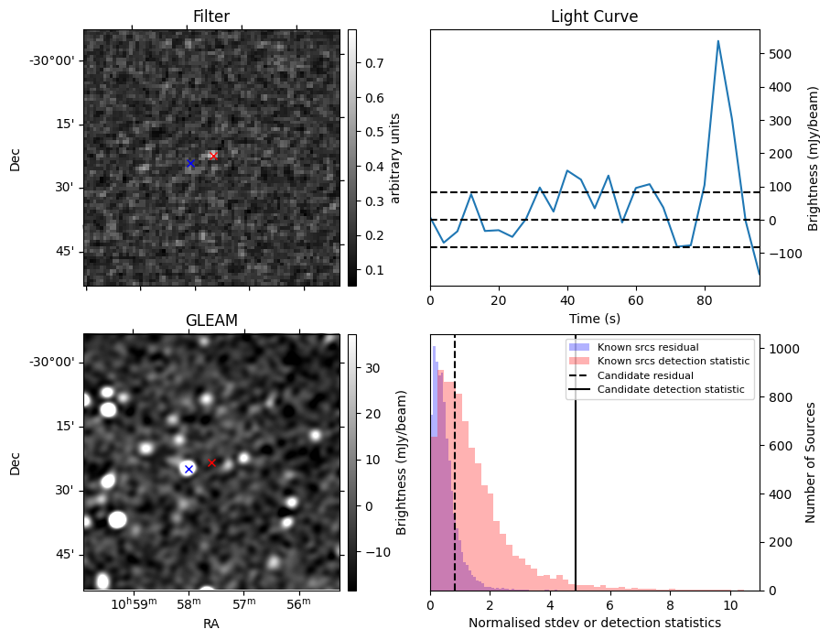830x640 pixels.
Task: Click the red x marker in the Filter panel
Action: (x=213, y=156)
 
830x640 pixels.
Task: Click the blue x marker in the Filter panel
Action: (x=190, y=163)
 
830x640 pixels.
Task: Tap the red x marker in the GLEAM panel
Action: (x=211, y=462)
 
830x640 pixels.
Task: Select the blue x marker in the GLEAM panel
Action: (x=189, y=469)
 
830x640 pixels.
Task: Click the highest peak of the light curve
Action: (x=717, y=41)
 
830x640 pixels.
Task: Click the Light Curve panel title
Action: (x=594, y=17)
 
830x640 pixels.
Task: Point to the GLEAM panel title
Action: (x=211, y=320)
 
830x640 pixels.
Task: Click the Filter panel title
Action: (x=211, y=17)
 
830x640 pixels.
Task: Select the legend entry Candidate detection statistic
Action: (x=673, y=391)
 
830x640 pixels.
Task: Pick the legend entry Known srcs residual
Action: (x=648, y=347)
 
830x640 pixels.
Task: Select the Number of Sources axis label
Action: (x=811, y=462)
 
